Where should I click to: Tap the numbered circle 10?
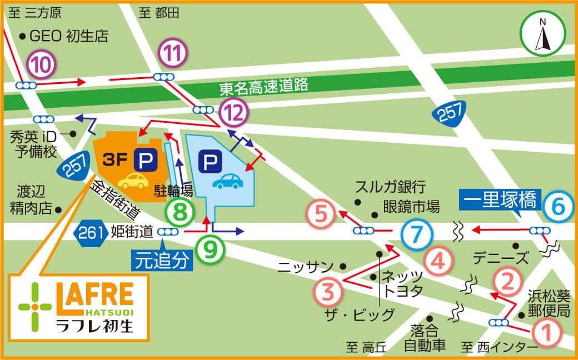tap(42, 65)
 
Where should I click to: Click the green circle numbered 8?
tap(180, 212)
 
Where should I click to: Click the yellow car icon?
tap(133, 181)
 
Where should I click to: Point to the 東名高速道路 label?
tap(263, 87)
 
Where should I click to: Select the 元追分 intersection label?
tap(163, 261)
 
